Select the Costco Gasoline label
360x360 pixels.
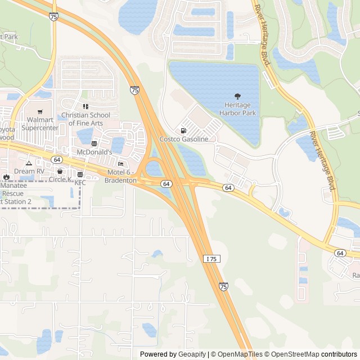[x=184, y=139]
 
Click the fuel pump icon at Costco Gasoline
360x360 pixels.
[x=184, y=130]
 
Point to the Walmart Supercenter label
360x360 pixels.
[x=40, y=124]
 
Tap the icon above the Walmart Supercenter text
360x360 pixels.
[x=40, y=111]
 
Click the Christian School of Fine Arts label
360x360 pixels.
[x=86, y=119]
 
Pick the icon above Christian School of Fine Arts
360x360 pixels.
[x=86, y=106]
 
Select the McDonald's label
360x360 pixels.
[x=94, y=152]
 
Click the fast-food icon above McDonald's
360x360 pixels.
[x=94, y=143]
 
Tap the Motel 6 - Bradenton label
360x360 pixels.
[x=120, y=177]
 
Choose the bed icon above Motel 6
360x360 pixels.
[x=120, y=164]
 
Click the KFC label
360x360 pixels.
[x=80, y=183]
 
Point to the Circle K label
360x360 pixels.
[x=60, y=179]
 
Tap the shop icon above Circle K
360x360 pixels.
[x=60, y=171]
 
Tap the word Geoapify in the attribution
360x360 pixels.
[x=192, y=354]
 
